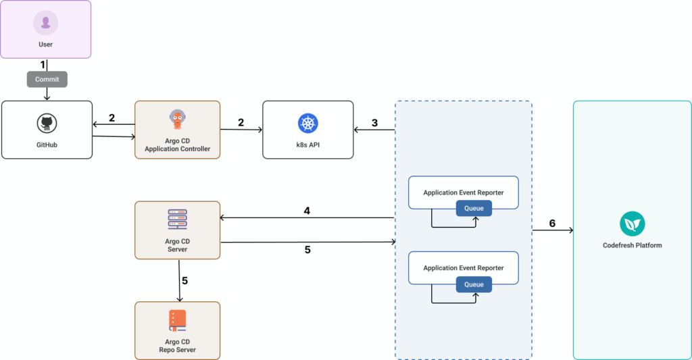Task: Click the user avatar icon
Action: (45, 23)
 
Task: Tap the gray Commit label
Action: (47, 79)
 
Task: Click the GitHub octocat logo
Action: (47, 123)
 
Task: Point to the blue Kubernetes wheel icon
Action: (307, 123)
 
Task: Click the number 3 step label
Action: (374, 124)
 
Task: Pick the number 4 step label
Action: (307, 211)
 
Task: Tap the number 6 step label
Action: (552, 224)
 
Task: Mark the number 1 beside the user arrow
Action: (43, 65)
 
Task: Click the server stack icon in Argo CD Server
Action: (177, 220)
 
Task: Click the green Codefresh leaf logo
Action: (632, 224)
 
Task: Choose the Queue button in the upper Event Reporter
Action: (474, 208)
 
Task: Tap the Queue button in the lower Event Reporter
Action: (474, 284)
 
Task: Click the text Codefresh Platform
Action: (632, 245)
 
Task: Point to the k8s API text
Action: (307, 144)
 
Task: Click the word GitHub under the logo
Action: (47, 144)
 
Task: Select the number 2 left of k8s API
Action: (241, 122)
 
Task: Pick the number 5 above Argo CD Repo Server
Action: (184, 280)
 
